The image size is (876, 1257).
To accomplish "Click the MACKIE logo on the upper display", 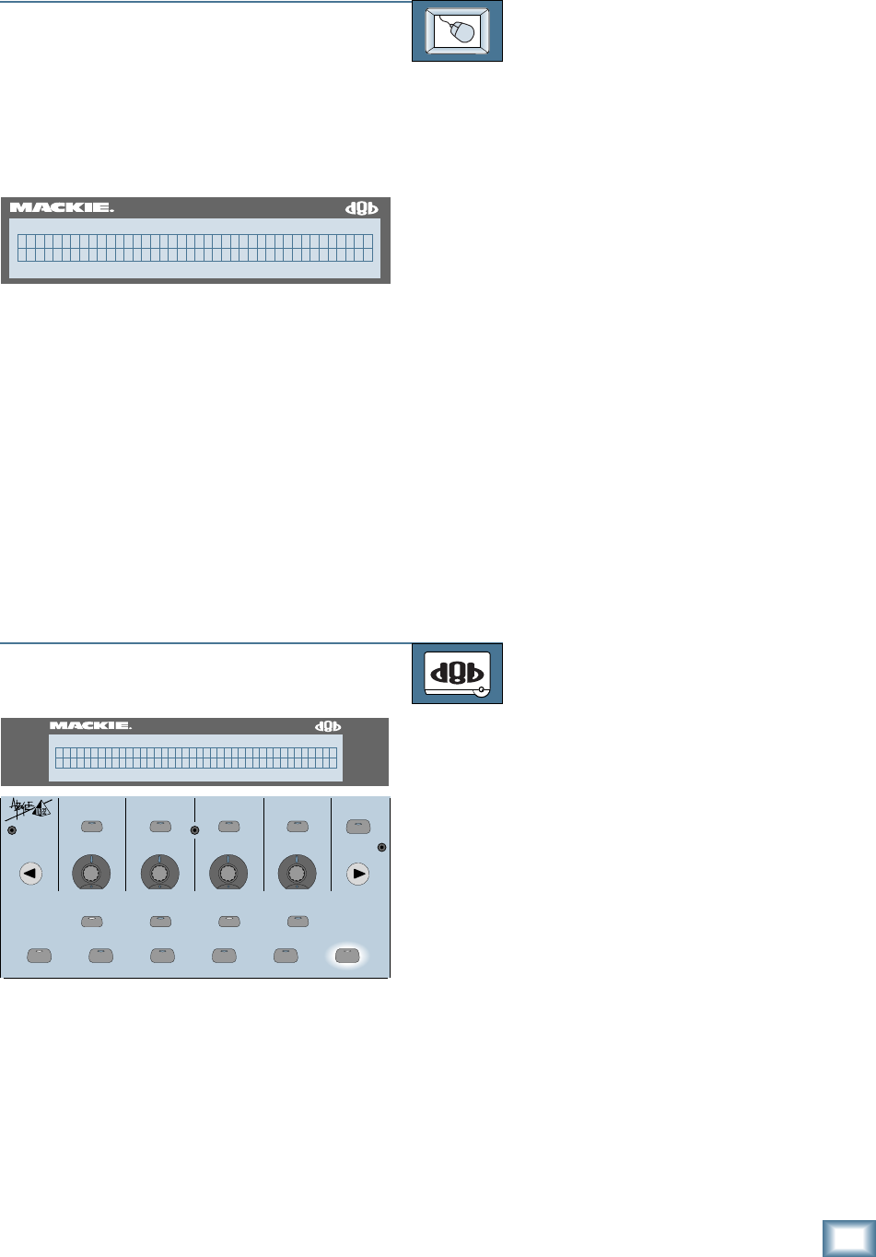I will [x=61, y=208].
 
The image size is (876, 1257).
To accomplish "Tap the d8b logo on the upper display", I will [x=362, y=208].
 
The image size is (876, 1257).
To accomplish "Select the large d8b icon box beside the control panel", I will [x=457, y=673].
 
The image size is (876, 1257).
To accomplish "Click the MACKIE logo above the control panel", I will [x=90, y=725].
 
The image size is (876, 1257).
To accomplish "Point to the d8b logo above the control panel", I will [x=329, y=725].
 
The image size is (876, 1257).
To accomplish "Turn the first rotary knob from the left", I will [x=90, y=872].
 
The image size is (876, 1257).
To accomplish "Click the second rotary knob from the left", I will [x=158, y=872].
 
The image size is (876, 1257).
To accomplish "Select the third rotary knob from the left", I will [x=228, y=872].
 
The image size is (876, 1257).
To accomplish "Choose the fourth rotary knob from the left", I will [x=297, y=872].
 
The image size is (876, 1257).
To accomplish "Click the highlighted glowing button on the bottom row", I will [x=347, y=956].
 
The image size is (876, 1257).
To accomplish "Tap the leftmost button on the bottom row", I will [x=39, y=956].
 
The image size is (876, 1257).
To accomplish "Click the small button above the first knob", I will [x=90, y=827].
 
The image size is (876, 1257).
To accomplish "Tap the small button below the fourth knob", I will [x=297, y=920].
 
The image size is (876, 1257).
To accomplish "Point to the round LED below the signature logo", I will [x=12, y=831].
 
